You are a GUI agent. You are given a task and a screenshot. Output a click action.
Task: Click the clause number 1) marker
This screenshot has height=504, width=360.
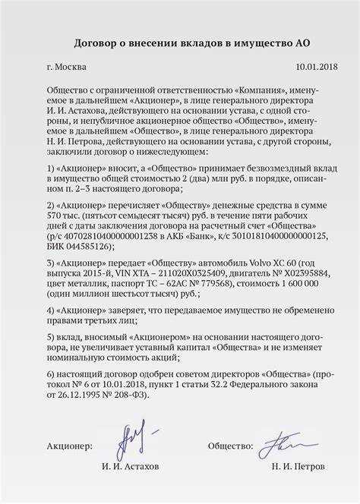tap(51, 187)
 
